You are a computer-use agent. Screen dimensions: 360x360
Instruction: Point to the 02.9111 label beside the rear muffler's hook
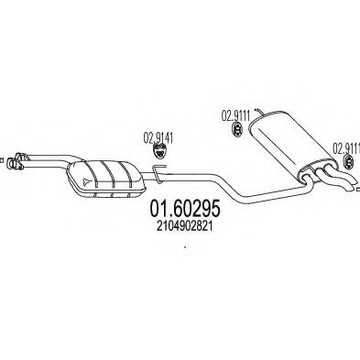tap(235, 115)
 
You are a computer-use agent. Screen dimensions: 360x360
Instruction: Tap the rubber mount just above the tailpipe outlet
tap(347, 163)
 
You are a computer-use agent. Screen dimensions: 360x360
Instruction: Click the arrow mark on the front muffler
tap(85, 180)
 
